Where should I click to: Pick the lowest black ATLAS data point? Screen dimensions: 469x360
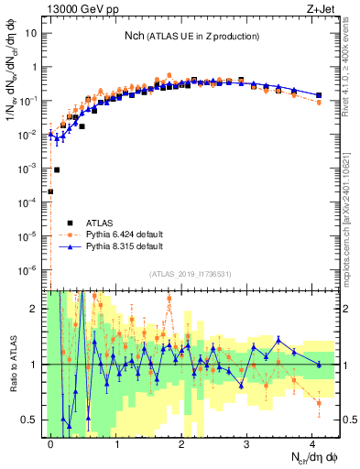tap(50, 191)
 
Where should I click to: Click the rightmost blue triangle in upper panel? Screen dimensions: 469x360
tap(318, 95)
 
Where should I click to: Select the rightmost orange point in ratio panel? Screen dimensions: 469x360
tap(318, 403)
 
